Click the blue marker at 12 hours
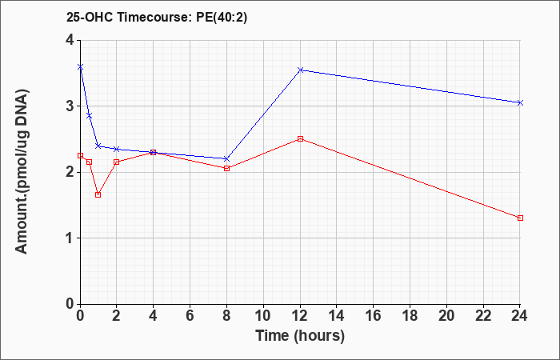pyautogui.click(x=300, y=70)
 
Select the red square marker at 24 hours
pyautogui.click(x=520, y=218)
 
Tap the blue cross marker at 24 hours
pyautogui.click(x=520, y=103)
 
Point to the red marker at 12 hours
pyautogui.click(x=300, y=138)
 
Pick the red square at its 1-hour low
pyautogui.click(x=98, y=194)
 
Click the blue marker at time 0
pyautogui.click(x=80, y=66)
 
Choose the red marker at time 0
pyautogui.click(x=80, y=155)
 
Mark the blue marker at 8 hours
pyautogui.click(x=226, y=158)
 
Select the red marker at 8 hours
pyautogui.click(x=226, y=168)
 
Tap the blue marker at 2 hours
pyautogui.click(x=117, y=149)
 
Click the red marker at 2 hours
pyautogui.click(x=117, y=162)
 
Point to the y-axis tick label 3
pyautogui.click(x=70, y=106)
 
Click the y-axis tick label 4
pyautogui.click(x=70, y=40)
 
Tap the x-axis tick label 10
pyautogui.click(x=263, y=316)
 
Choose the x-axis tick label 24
pyautogui.click(x=520, y=316)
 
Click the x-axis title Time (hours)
pyautogui.click(x=300, y=336)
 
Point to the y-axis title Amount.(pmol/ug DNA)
pyautogui.click(x=22, y=172)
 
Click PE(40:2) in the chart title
pyautogui.click(x=222, y=18)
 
